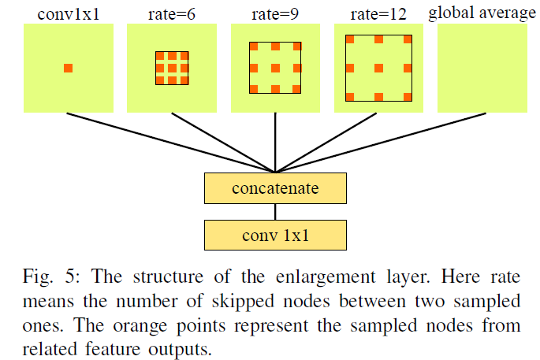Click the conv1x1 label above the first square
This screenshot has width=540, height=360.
click(68, 13)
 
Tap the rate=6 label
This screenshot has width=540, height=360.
click(170, 13)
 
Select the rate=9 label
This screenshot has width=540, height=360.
click(275, 13)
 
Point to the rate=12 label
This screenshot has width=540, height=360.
click(379, 13)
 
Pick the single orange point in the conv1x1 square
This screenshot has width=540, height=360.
click(68, 68)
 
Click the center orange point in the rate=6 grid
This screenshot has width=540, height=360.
click(172, 68)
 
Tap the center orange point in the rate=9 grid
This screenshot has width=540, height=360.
click(276, 68)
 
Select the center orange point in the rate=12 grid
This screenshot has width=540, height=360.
click(379, 68)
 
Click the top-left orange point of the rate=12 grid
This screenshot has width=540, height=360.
click(349, 39)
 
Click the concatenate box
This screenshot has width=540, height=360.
click(274, 189)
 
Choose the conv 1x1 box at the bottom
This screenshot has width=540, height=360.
click(274, 234)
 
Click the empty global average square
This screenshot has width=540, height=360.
click(482, 68)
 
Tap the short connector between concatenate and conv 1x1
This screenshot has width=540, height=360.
click(274, 212)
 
